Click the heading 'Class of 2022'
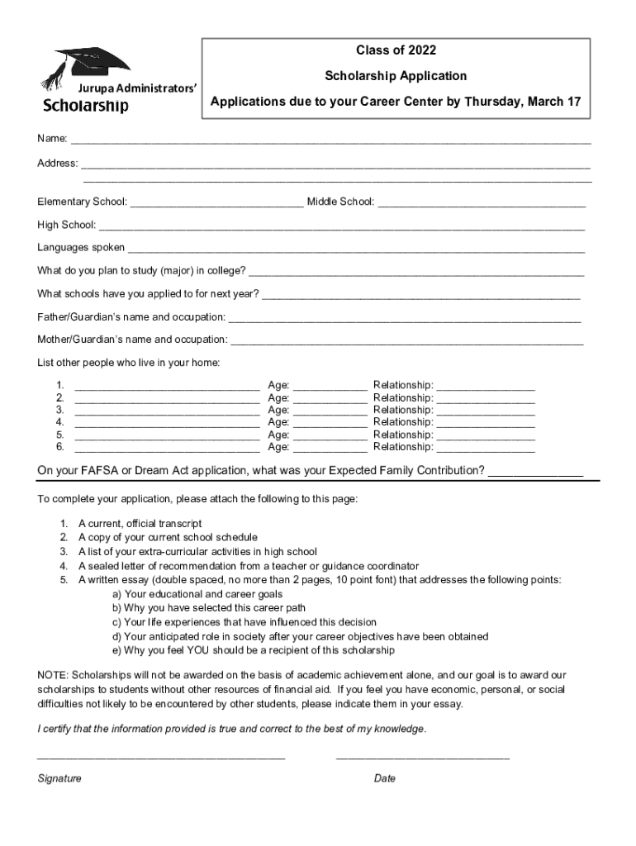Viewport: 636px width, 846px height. [395, 51]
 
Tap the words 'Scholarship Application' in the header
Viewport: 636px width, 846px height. [395, 76]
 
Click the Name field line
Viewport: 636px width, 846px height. [330, 141]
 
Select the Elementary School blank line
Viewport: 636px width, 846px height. [216, 204]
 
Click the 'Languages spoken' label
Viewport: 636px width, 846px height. [81, 247]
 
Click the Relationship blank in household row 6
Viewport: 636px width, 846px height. [485, 449]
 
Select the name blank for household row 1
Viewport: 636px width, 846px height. [167, 387]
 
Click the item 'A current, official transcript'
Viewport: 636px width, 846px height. [140, 524]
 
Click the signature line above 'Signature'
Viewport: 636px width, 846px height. [161, 757]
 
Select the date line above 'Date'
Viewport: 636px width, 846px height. [422, 757]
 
